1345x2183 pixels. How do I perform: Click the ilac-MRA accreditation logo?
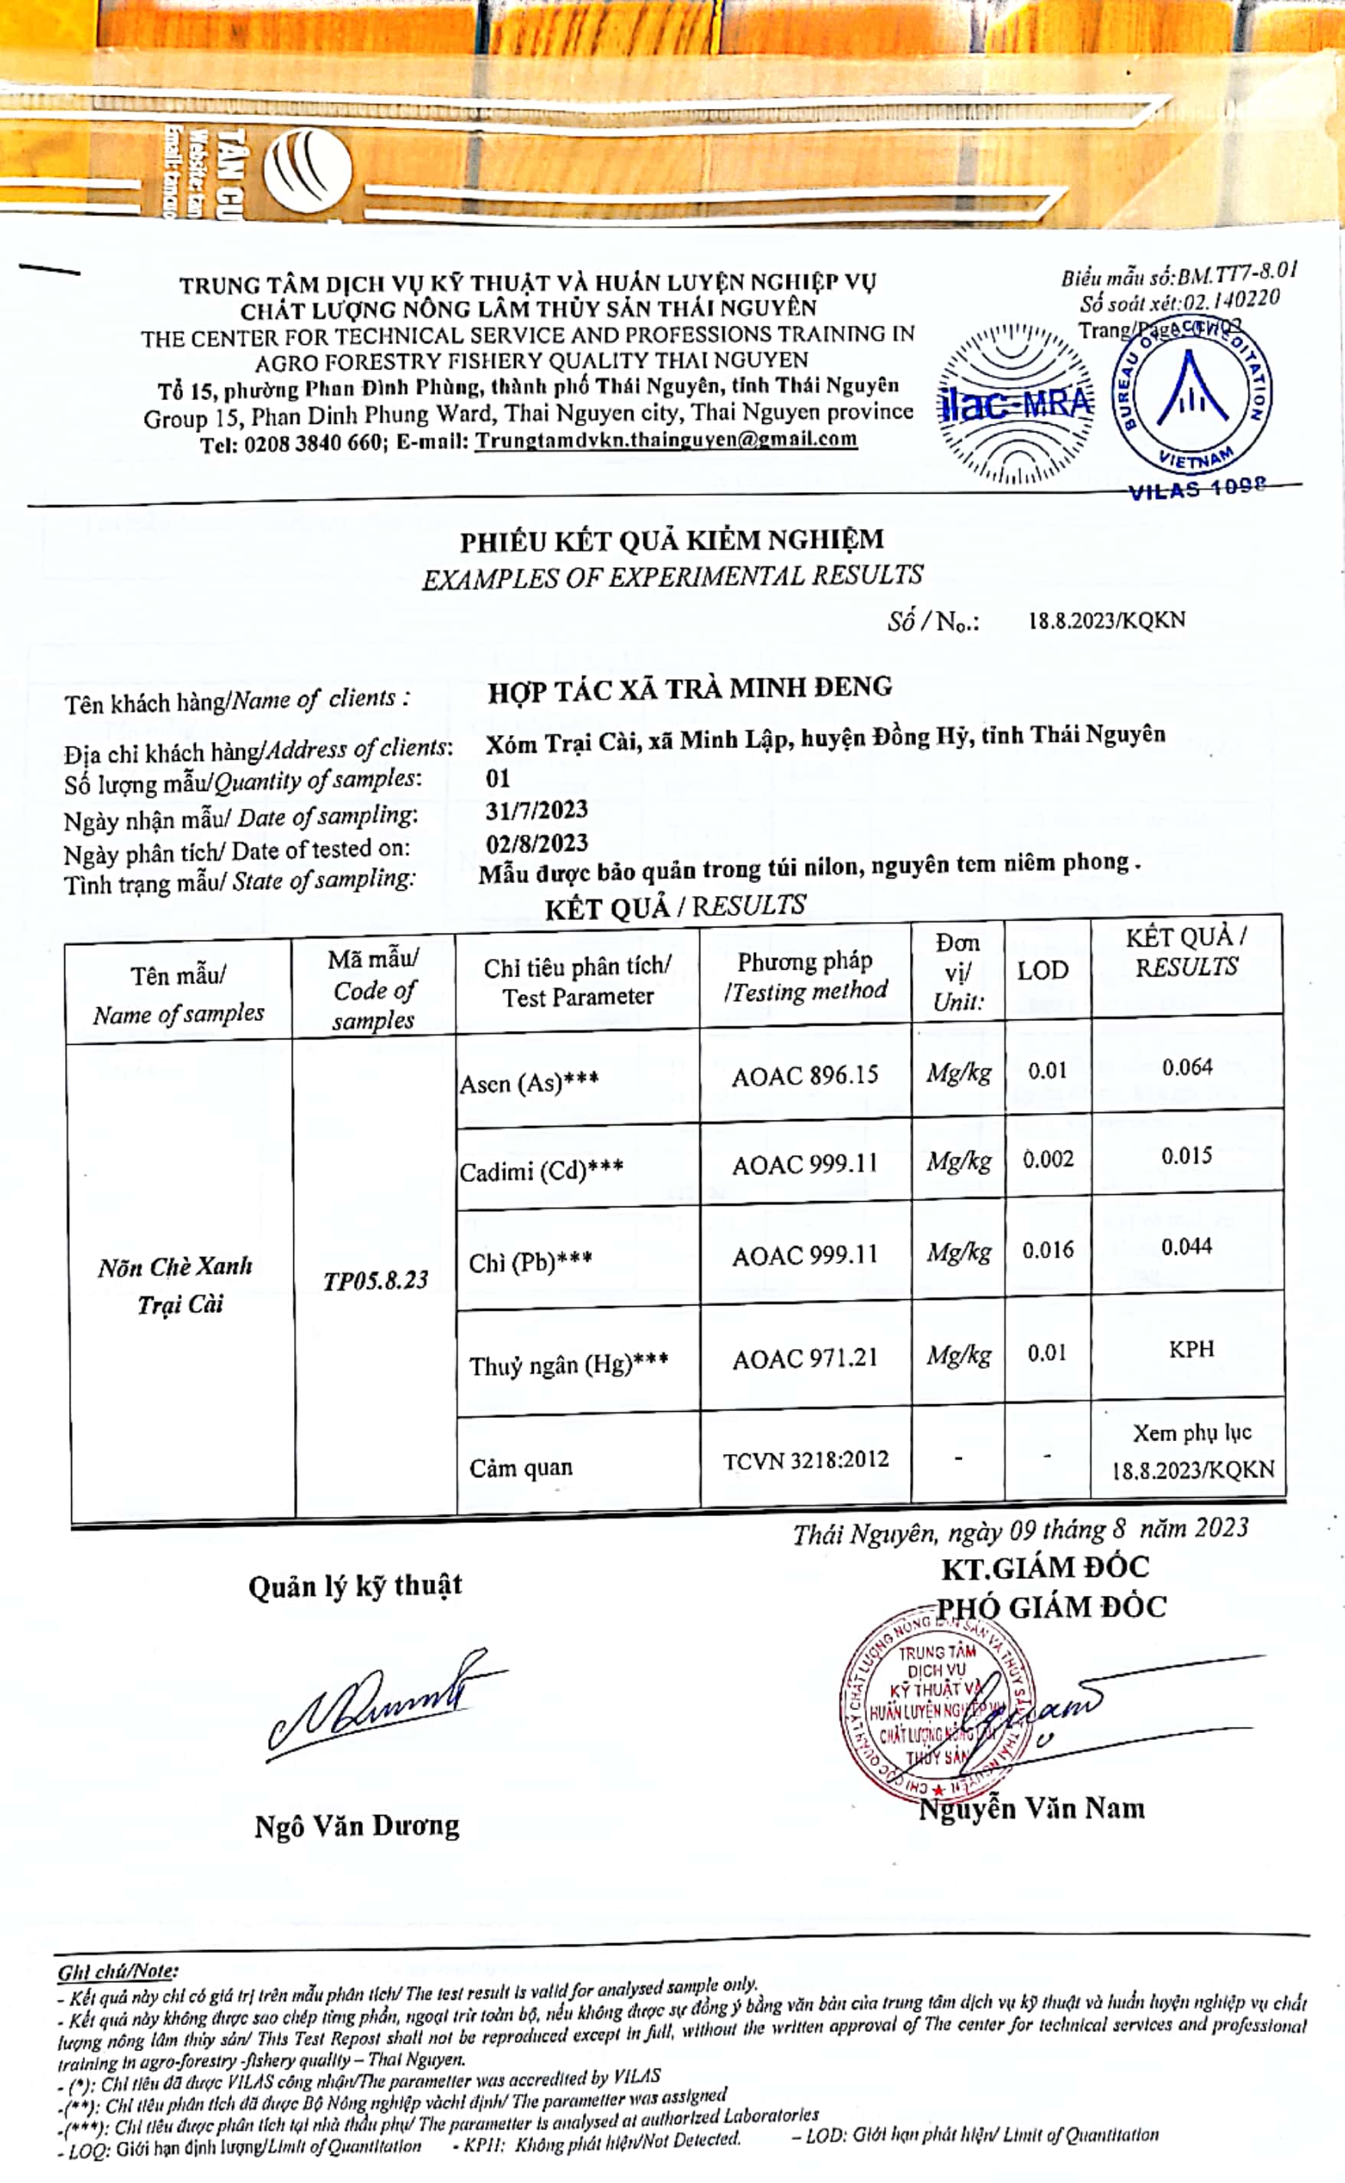coord(1015,403)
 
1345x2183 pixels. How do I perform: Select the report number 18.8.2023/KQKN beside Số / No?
coord(1107,620)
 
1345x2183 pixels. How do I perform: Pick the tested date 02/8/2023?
coord(536,842)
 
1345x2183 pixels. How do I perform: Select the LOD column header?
coord(1042,970)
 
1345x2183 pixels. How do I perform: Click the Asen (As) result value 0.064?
coord(1186,1067)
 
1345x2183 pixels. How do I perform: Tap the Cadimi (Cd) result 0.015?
coord(1186,1156)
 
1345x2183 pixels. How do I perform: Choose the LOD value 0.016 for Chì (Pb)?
coord(1047,1250)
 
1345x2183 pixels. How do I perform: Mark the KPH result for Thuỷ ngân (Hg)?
coord(1191,1349)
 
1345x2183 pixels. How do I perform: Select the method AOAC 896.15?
coord(805,1076)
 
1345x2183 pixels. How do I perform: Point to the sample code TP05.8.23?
coord(375,1281)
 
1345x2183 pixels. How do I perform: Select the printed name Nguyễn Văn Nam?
coord(1032,1807)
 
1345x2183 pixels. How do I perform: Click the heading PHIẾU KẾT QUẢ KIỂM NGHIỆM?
coord(672,540)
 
